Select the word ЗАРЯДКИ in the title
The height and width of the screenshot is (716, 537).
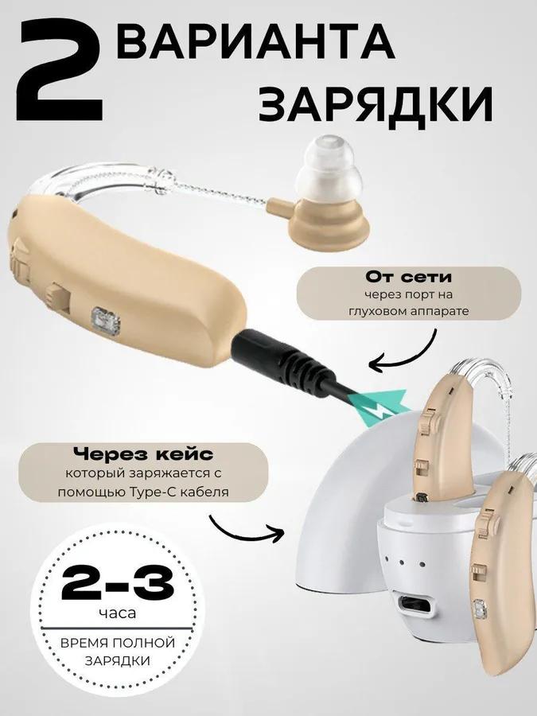[376, 103]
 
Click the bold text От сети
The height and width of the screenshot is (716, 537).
[408, 277]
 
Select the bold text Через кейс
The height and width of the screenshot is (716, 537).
[143, 454]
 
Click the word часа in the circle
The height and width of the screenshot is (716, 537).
[118, 614]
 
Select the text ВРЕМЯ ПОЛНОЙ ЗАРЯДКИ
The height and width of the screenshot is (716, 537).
[118, 650]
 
